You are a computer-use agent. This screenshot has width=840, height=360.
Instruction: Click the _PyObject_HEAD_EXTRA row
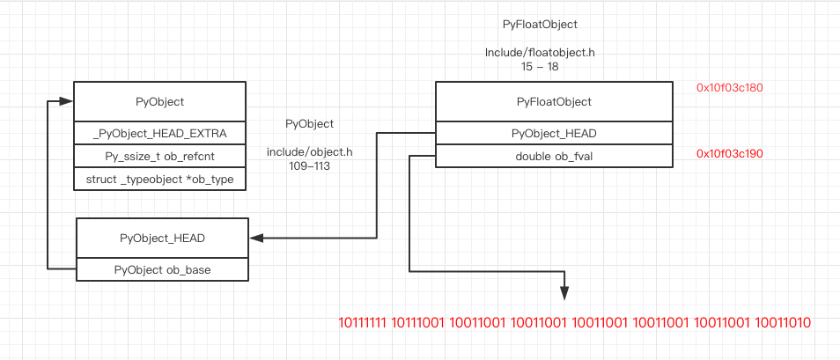159,133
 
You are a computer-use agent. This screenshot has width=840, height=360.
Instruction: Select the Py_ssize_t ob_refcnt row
159,156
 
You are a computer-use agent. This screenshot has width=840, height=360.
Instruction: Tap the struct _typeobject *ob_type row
159,179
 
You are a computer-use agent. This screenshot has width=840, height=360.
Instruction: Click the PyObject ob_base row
162,269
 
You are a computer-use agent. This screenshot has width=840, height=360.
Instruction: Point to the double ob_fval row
554,156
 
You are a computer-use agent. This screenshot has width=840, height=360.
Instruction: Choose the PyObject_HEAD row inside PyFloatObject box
554,133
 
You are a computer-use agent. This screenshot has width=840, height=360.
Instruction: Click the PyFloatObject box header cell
554,102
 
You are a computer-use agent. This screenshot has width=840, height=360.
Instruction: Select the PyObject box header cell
159,102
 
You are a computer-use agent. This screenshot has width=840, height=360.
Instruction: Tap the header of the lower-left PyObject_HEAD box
162,238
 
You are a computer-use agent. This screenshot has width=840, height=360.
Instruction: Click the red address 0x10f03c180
729,88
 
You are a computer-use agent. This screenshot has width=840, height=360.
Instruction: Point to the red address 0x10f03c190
729,153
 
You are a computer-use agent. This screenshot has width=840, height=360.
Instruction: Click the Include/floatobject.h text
540,53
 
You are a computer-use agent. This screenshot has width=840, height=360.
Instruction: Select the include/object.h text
310,152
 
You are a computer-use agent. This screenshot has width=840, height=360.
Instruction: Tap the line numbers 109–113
310,165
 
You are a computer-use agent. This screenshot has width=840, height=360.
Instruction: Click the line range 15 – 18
541,66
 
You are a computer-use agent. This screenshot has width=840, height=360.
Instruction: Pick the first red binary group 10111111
364,324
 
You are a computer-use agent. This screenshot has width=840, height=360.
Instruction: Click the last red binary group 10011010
784,324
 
